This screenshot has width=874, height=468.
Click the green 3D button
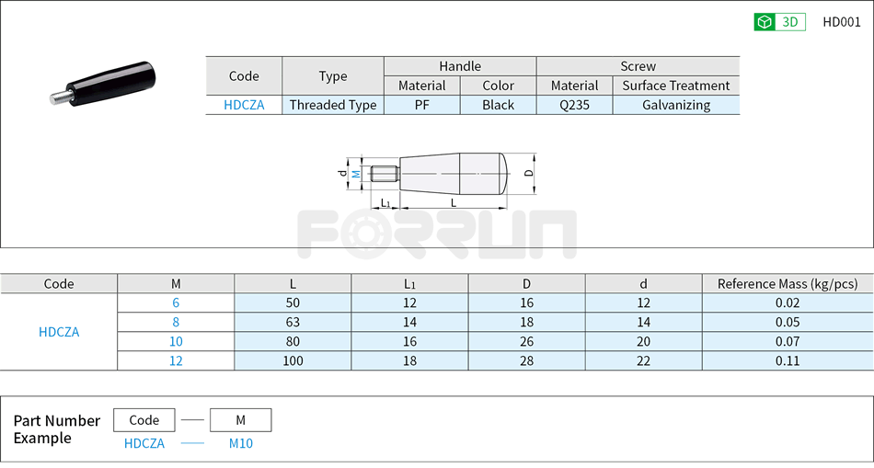(778, 22)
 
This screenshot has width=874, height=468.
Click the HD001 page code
(841, 22)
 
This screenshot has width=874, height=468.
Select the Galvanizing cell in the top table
(675, 105)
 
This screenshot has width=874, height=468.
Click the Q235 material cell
(574, 105)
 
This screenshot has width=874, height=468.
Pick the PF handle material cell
(421, 105)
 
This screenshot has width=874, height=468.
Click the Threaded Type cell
(333, 105)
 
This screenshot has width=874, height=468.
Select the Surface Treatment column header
(675, 86)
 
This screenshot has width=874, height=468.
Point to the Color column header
(498, 86)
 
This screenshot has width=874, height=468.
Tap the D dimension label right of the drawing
(528, 173)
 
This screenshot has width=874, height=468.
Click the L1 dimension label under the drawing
(385, 203)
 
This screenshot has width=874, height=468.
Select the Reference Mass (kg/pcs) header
(787, 283)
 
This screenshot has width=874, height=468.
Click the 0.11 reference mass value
(787, 360)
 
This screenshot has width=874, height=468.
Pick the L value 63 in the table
(293, 322)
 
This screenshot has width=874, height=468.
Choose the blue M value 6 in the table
(176, 302)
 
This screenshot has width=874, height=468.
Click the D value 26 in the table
(526, 341)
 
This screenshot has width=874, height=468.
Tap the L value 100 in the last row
(293, 360)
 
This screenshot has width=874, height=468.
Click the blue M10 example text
(240, 443)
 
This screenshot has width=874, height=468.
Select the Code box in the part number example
(144, 420)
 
